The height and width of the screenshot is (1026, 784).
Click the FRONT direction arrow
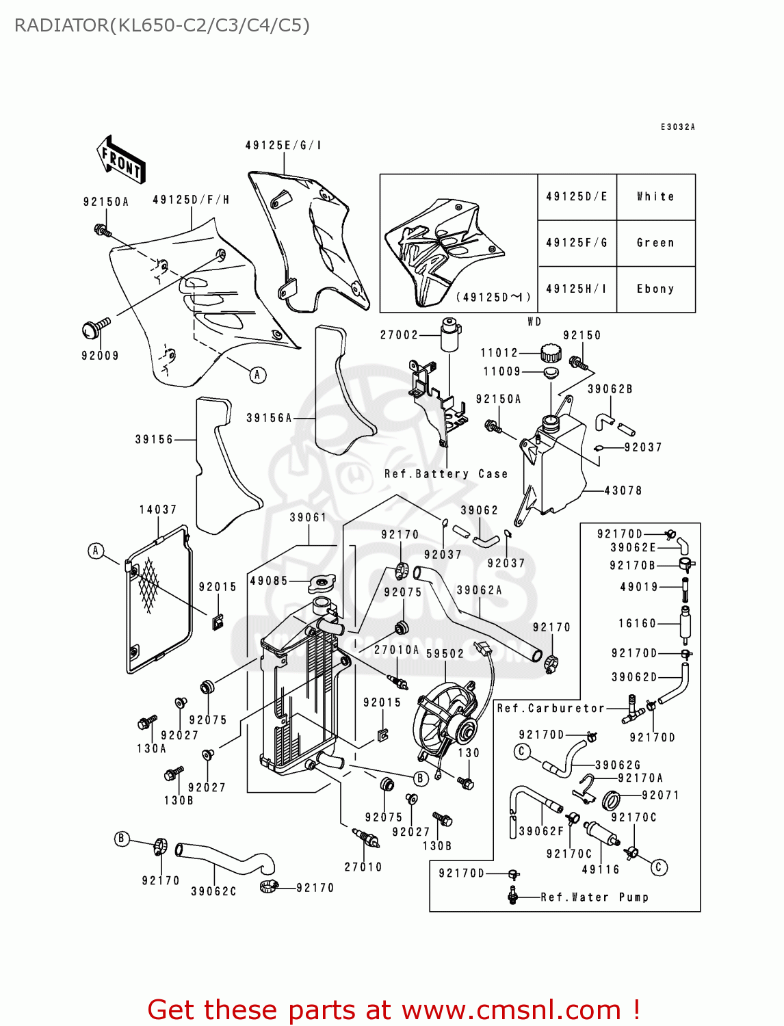coord(120,160)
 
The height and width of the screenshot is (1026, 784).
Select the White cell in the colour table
coord(655,197)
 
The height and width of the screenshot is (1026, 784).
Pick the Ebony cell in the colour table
coord(655,289)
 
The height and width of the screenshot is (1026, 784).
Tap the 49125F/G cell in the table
coord(577,243)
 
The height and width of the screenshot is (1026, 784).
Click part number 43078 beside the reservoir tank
coord(623,491)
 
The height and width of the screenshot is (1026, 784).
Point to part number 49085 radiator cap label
coord(269,581)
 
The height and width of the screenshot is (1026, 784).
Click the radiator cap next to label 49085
coord(322,583)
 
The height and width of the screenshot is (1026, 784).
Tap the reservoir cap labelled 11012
coord(550,353)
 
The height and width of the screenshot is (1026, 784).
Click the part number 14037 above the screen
coord(158,510)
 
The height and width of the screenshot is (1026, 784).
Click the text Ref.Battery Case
coord(446,474)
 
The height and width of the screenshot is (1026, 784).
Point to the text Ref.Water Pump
coord(594,897)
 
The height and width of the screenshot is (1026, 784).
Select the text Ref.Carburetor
coord(551,709)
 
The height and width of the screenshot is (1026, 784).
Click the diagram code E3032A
coord(677,127)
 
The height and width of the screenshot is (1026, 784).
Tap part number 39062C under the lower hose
coord(213,891)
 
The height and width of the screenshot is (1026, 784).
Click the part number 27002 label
coord(399,335)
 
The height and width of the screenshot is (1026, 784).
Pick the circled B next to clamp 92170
coord(122,839)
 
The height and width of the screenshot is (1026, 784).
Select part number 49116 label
coord(601,869)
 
